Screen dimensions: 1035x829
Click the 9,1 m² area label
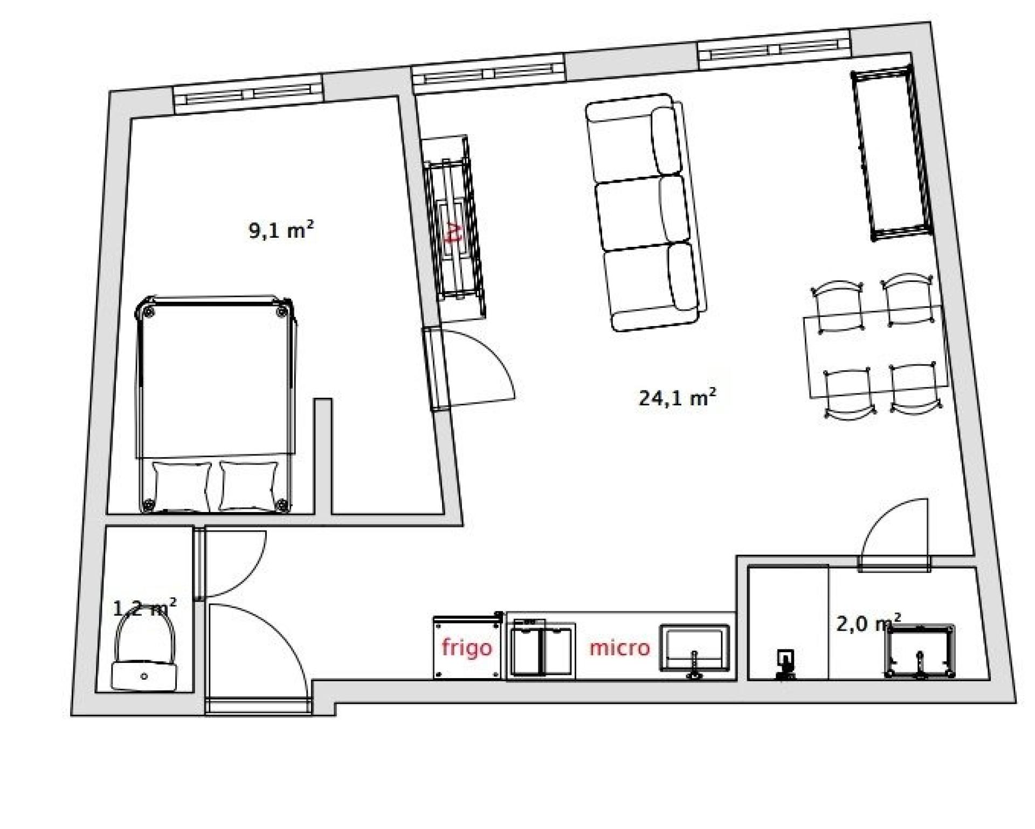tap(281, 231)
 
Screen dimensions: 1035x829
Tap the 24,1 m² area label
tap(678, 398)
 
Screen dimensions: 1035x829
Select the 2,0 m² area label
tap(868, 623)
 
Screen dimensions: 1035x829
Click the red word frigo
tap(467, 647)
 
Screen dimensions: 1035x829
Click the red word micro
tap(619, 647)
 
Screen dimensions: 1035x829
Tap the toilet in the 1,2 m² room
tap(144, 652)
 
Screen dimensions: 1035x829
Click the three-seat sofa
tap(645, 212)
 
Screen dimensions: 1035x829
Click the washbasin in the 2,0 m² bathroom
tap(920, 651)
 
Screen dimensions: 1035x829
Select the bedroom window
tap(249, 95)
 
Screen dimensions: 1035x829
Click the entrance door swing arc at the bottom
tap(282, 628)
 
